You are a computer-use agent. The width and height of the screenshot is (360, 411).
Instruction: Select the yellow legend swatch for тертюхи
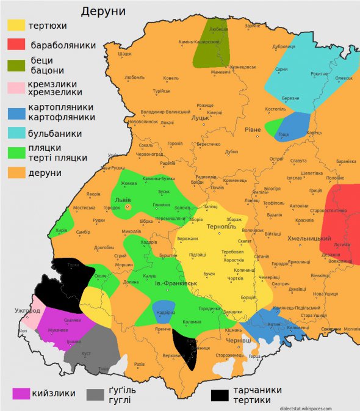click(x=16, y=26)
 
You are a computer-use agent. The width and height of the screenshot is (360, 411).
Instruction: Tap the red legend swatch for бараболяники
click(x=16, y=44)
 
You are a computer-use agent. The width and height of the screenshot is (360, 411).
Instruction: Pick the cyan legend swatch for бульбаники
click(x=16, y=133)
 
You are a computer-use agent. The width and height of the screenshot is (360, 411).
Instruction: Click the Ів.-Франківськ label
click(x=175, y=283)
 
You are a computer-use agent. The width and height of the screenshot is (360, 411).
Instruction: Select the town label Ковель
click(x=171, y=78)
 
